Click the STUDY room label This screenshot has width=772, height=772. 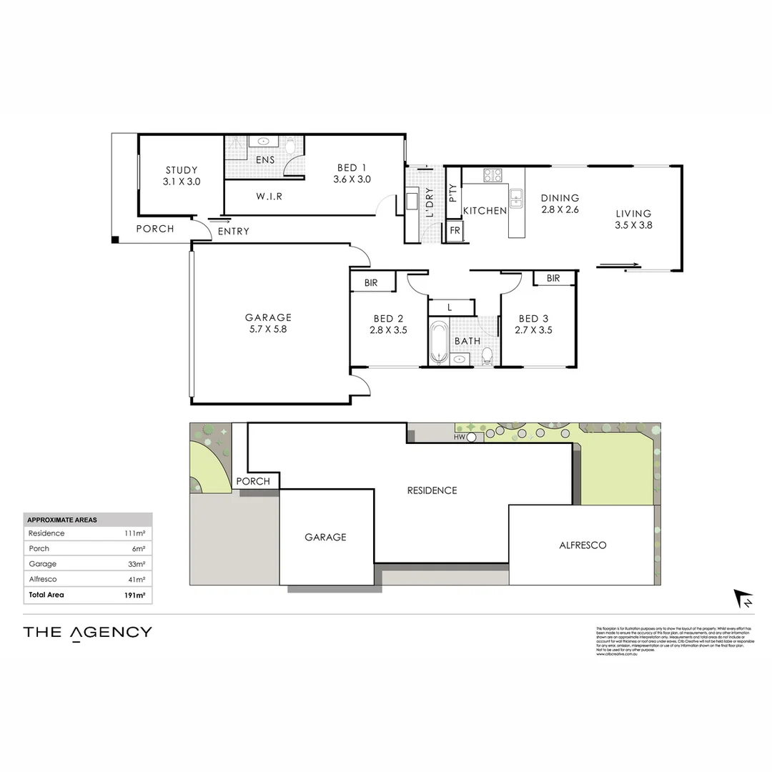182,170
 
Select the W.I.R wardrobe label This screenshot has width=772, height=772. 269,196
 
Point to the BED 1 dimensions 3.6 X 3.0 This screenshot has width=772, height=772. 352,179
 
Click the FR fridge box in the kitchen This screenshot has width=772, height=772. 455,231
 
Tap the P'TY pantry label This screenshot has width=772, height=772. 452,193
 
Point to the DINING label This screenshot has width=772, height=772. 560,198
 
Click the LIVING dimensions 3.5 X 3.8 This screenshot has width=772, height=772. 634,224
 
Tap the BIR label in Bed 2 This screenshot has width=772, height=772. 371,282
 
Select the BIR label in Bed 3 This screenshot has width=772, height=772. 553,278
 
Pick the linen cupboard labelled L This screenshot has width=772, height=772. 450,307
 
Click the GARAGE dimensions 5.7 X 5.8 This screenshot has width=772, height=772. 268,330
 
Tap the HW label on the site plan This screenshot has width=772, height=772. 460,436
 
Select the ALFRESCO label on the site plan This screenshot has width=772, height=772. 583,545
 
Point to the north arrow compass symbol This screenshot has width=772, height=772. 744,599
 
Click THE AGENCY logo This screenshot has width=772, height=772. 87,631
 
